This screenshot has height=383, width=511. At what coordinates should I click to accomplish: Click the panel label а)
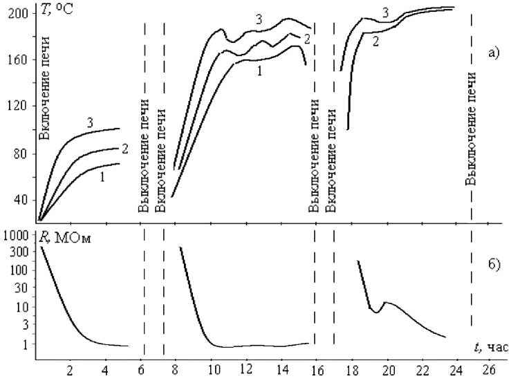click(493, 51)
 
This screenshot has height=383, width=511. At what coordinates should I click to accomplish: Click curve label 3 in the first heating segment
click(90, 122)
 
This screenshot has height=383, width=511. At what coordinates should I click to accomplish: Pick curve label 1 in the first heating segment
click(102, 178)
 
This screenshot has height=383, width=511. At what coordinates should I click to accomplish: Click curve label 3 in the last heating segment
click(386, 12)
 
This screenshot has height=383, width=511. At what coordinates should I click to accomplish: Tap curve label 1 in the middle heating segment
click(258, 70)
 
